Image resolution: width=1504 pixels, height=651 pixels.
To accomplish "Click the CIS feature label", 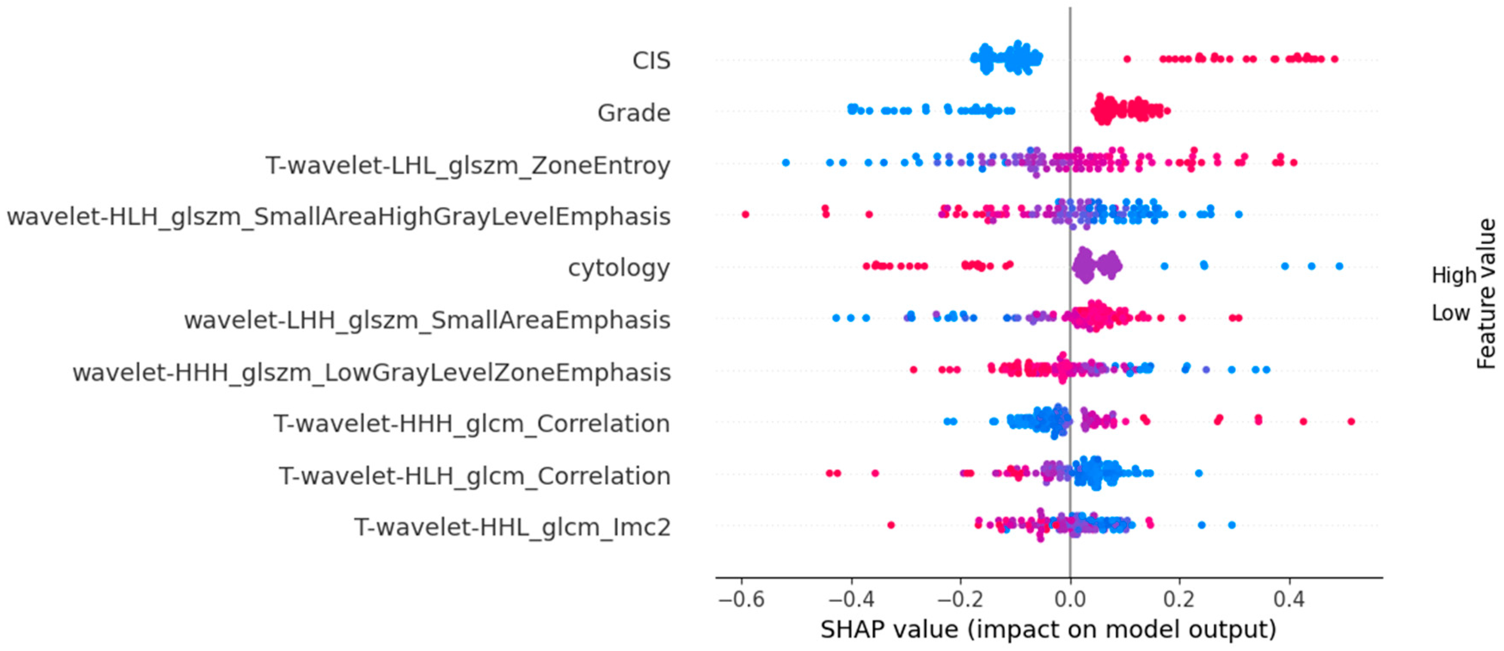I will coord(651,61).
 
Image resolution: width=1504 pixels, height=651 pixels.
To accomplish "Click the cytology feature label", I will coord(619,268).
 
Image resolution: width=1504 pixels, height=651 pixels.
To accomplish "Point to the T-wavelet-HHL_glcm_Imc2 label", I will coord(512,527).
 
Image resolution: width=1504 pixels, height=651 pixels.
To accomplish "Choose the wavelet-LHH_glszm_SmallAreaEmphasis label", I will coord(427,319).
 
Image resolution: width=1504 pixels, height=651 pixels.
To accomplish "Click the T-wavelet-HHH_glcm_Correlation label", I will coord(472,423).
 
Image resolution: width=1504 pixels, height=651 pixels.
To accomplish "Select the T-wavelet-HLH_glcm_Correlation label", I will coord(474,476).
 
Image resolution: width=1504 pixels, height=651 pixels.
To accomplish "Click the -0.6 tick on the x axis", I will coord(741,599).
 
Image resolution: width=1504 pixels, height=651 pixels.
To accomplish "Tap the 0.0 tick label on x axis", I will coord(1070,599).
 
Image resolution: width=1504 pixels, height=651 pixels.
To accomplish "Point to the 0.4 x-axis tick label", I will coord(1289,599).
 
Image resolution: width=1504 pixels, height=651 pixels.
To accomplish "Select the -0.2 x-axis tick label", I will coord(960,599).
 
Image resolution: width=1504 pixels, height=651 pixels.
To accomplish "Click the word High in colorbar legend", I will coord(1454,275).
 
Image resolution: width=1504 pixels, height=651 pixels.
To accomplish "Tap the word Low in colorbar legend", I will coord(1450,313).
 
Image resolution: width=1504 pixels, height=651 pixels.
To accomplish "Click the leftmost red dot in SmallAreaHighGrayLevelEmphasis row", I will coord(745,215).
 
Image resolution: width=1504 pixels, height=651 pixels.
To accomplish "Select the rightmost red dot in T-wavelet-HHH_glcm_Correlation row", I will coord(1351,421).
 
